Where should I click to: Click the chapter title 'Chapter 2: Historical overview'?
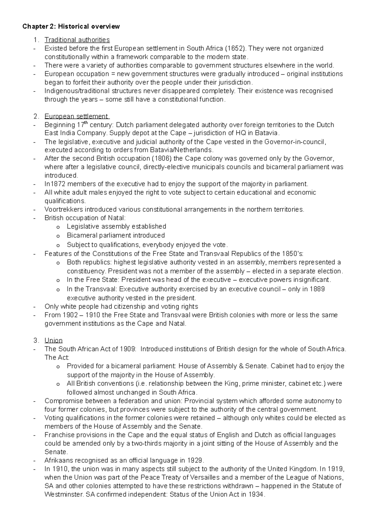[x=71, y=26]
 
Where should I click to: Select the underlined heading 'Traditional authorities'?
[x=77, y=40]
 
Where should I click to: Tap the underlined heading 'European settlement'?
[x=77, y=116]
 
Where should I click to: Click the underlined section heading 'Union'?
[x=54, y=340]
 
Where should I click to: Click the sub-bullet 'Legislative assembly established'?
[x=116, y=226]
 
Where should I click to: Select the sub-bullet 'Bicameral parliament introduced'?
[x=116, y=235]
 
